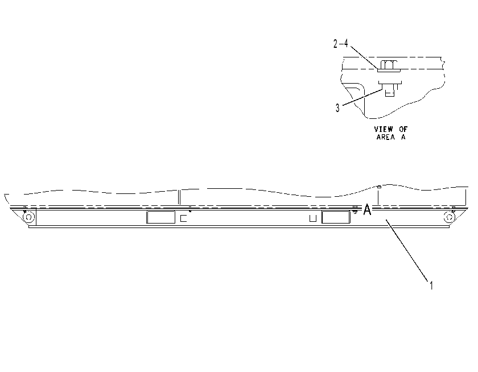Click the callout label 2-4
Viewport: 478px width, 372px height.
click(340, 44)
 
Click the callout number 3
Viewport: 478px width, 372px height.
click(337, 108)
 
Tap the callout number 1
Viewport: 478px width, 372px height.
click(431, 286)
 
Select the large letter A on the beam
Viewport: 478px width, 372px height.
click(368, 210)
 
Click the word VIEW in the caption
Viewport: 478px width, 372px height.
click(384, 129)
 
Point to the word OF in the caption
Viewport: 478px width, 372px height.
click(403, 129)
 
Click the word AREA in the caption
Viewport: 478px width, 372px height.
click(386, 137)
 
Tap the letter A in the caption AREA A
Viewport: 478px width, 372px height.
click(403, 137)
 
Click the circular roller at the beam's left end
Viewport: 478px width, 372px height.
click(28, 217)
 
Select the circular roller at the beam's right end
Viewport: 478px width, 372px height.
click(449, 217)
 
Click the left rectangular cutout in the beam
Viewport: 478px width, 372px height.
click(160, 217)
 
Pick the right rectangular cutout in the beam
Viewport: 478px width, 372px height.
click(336, 217)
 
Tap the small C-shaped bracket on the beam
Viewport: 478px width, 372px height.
click(183, 218)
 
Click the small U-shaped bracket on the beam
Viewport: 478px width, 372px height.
click(313, 218)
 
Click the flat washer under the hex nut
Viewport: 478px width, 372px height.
click(389, 71)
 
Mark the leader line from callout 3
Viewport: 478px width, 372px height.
click(362, 97)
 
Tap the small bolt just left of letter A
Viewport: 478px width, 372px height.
click(355, 209)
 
